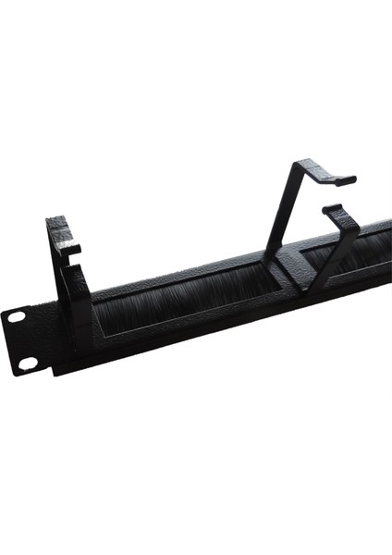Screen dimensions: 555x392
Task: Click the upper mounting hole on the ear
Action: coord(17,316)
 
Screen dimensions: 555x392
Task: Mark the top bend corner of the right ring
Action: coord(296,165)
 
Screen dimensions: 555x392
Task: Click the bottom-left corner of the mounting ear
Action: coord(16,374)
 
